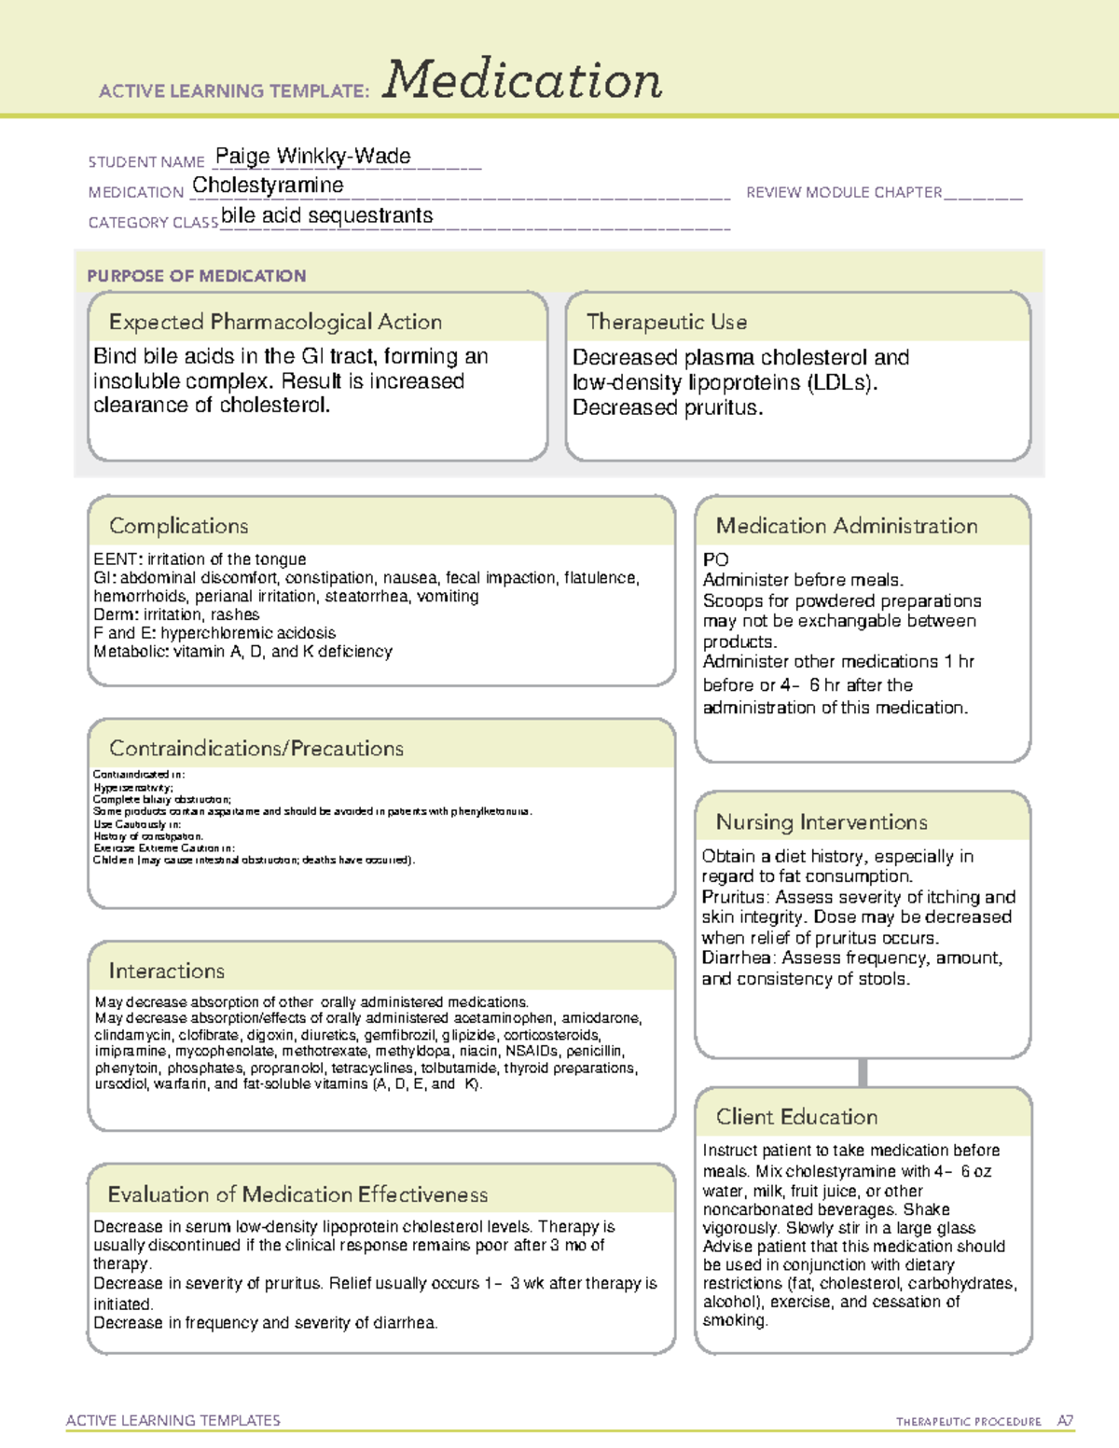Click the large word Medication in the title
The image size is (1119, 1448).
tap(522, 80)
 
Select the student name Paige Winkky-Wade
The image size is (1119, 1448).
tap(312, 156)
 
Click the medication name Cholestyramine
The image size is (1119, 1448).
tap(268, 186)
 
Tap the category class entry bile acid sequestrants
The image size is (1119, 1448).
tap(326, 215)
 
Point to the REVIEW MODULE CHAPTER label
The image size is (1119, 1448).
tap(844, 192)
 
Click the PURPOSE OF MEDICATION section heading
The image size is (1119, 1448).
tap(196, 276)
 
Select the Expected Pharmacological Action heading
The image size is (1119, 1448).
tap(275, 322)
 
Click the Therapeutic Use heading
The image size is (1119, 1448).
tap(666, 322)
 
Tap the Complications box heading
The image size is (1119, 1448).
tap(178, 526)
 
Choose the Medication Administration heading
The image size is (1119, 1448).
tap(846, 526)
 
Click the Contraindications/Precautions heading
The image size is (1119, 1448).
tap(256, 748)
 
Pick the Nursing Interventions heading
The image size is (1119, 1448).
tap(822, 821)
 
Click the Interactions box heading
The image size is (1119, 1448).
tap(166, 971)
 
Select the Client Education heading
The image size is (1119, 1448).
tap(796, 1116)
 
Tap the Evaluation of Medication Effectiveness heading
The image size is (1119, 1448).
tap(297, 1194)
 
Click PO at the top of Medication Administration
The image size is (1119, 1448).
tap(715, 559)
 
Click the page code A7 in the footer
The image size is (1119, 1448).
tap(1065, 1421)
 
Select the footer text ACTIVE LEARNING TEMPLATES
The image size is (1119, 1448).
tap(173, 1420)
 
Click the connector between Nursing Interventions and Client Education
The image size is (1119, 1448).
tap(863, 1072)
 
